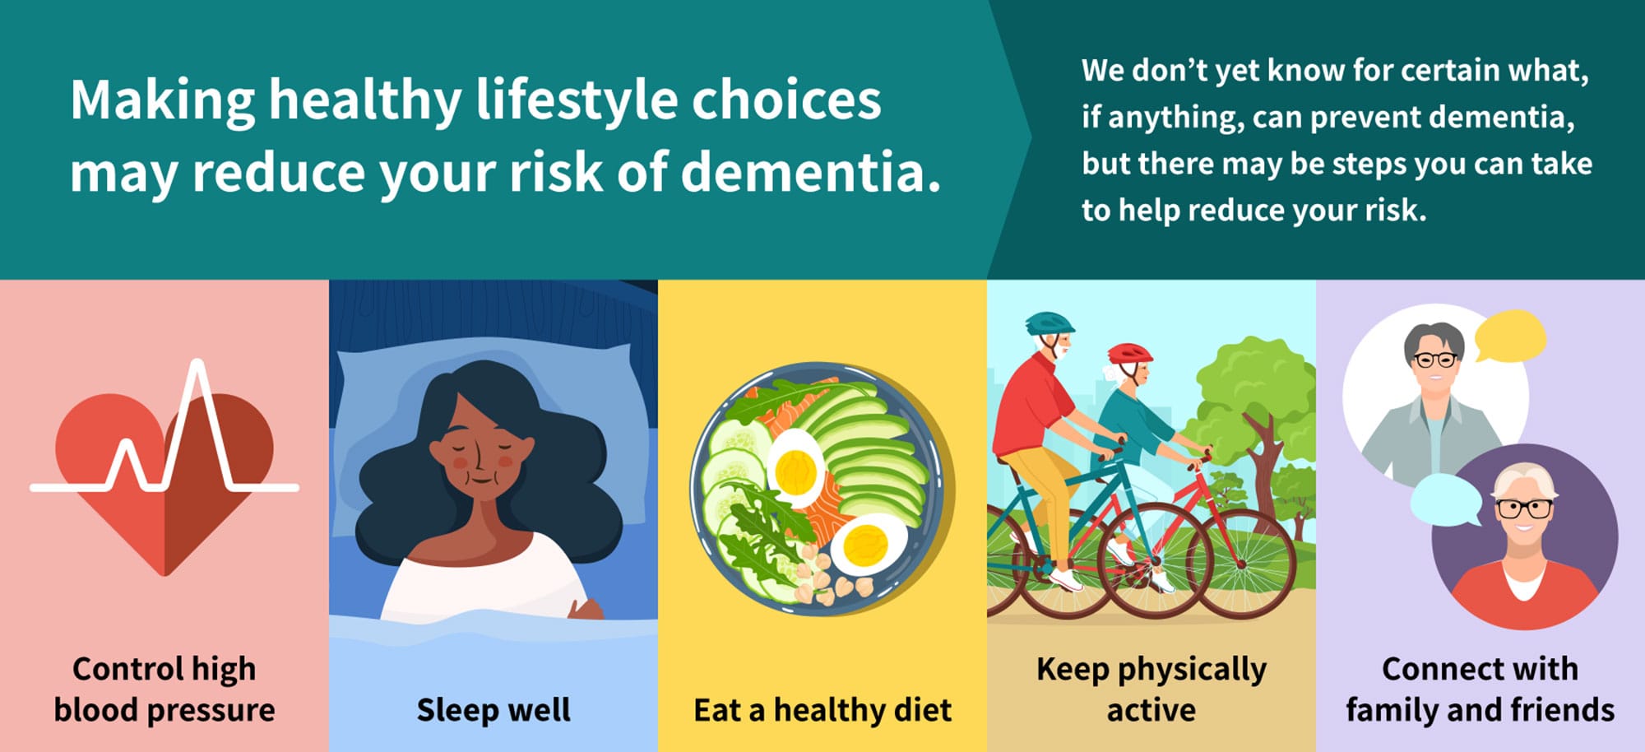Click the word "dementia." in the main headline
[x=811, y=173]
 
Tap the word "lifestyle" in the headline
[x=576, y=100]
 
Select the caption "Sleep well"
[x=493, y=709]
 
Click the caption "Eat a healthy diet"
[x=822, y=709]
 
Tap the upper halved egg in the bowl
[x=795, y=468]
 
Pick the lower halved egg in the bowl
[x=868, y=544]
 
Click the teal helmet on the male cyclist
[x=1049, y=323]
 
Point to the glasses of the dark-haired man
[x=1435, y=360]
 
